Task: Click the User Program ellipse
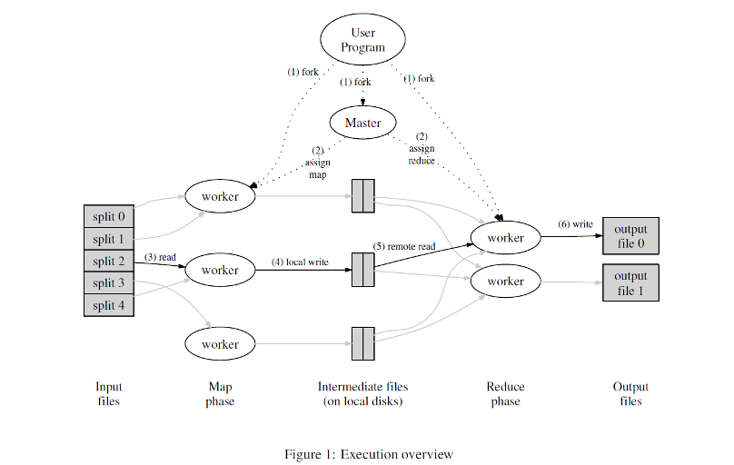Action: click(x=362, y=41)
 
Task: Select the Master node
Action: click(x=363, y=122)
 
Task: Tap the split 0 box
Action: click(x=109, y=217)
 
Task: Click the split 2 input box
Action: click(x=109, y=262)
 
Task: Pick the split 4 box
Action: click(x=109, y=305)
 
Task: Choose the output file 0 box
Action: click(x=630, y=237)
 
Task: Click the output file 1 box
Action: click(x=630, y=282)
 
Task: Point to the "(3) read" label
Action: click(x=160, y=257)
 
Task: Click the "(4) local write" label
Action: click(x=300, y=262)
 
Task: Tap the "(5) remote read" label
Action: click(x=404, y=246)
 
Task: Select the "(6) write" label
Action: click(x=576, y=224)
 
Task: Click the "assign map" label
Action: click(x=317, y=163)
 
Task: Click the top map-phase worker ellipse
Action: click(x=220, y=196)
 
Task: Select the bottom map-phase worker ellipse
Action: click(x=220, y=344)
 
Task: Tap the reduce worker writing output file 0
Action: click(x=505, y=238)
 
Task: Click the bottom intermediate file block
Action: click(x=362, y=344)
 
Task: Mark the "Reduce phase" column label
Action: click(x=505, y=394)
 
